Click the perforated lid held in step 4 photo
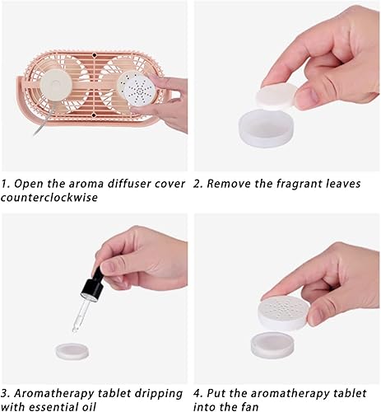click(284, 311)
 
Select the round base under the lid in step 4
click(277, 342)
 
